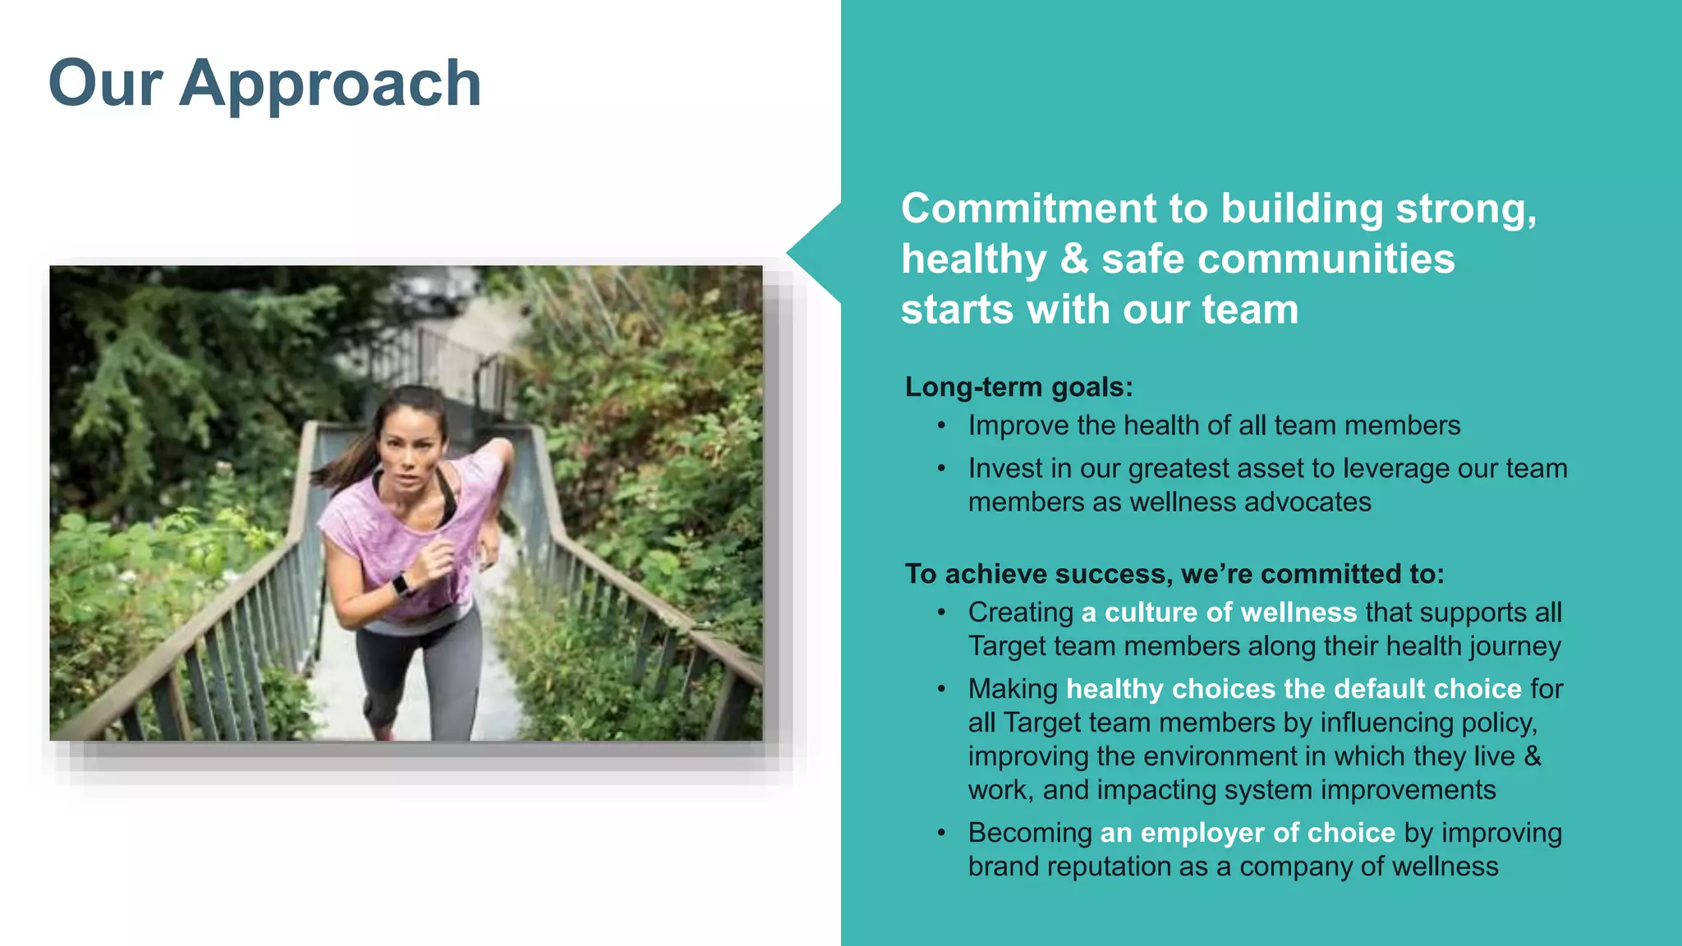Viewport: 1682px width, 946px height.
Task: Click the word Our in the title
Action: pos(105,84)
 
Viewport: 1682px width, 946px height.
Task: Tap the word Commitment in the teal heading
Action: pos(1029,209)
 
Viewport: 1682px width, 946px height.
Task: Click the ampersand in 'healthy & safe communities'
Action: pos(1073,259)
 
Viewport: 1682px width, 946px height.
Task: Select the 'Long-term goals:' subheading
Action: pos(1018,387)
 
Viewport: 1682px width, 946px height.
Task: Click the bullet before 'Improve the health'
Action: pos(941,425)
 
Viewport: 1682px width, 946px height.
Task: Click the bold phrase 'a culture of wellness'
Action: pos(1219,613)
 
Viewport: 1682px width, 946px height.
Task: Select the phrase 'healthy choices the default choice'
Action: pos(1294,689)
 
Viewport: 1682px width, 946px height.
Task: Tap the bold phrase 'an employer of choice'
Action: pos(1247,833)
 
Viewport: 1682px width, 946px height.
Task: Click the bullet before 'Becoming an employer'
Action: pos(941,833)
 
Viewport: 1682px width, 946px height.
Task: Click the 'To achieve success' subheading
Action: pos(1174,574)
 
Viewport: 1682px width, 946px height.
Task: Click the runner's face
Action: pos(410,456)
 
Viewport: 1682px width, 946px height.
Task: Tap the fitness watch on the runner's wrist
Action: pos(402,585)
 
